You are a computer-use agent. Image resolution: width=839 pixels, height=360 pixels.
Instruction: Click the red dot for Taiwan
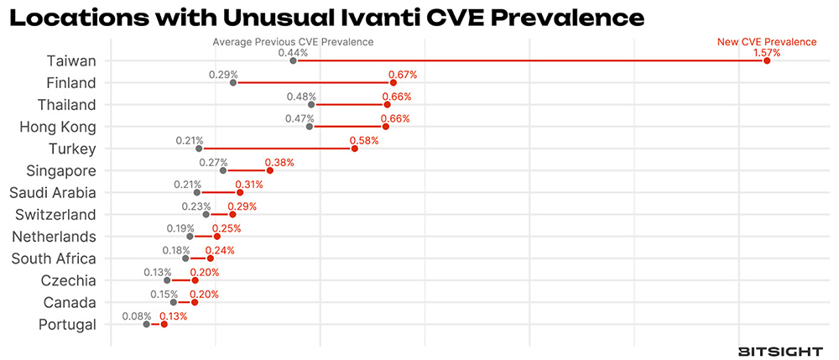(x=767, y=60)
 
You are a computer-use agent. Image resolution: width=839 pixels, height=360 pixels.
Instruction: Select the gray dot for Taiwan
(x=293, y=60)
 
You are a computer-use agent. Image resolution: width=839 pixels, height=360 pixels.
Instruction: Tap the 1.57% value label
(x=766, y=52)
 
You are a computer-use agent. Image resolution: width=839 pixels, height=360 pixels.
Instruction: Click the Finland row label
(x=71, y=83)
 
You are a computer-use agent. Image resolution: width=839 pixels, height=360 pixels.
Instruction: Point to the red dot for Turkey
(x=354, y=149)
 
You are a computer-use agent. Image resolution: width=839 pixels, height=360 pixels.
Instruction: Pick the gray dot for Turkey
(x=199, y=149)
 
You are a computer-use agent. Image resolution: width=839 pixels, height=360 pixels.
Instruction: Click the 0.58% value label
(x=364, y=140)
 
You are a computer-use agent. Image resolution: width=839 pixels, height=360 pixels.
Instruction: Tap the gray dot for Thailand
(x=311, y=105)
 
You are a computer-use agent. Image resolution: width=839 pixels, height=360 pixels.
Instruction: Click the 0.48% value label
(x=300, y=97)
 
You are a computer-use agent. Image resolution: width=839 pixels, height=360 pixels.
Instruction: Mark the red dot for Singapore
(x=269, y=170)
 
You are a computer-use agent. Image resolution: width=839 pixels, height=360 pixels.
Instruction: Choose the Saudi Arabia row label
(x=54, y=193)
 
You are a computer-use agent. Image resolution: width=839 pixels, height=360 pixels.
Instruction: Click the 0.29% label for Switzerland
(x=242, y=206)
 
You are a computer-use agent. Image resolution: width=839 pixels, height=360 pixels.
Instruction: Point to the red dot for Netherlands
(x=216, y=237)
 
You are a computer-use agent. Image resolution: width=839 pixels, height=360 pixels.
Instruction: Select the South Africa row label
(x=54, y=258)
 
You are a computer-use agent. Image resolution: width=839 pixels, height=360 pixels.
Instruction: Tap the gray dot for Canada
(x=174, y=302)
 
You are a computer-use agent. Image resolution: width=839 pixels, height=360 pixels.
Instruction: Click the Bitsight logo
(x=779, y=352)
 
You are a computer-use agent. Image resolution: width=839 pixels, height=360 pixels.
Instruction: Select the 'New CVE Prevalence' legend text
(x=766, y=41)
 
